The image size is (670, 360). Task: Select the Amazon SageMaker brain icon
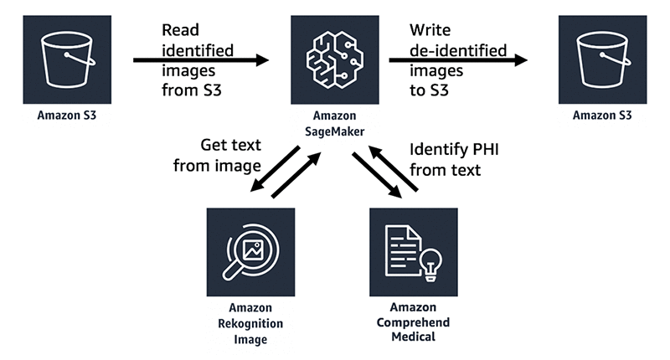point(335,59)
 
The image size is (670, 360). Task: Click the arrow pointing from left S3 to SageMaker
point(201,60)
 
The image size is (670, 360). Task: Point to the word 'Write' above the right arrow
point(430,30)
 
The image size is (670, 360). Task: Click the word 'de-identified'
point(457,51)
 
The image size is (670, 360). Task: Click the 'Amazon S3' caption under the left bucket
point(66,115)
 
